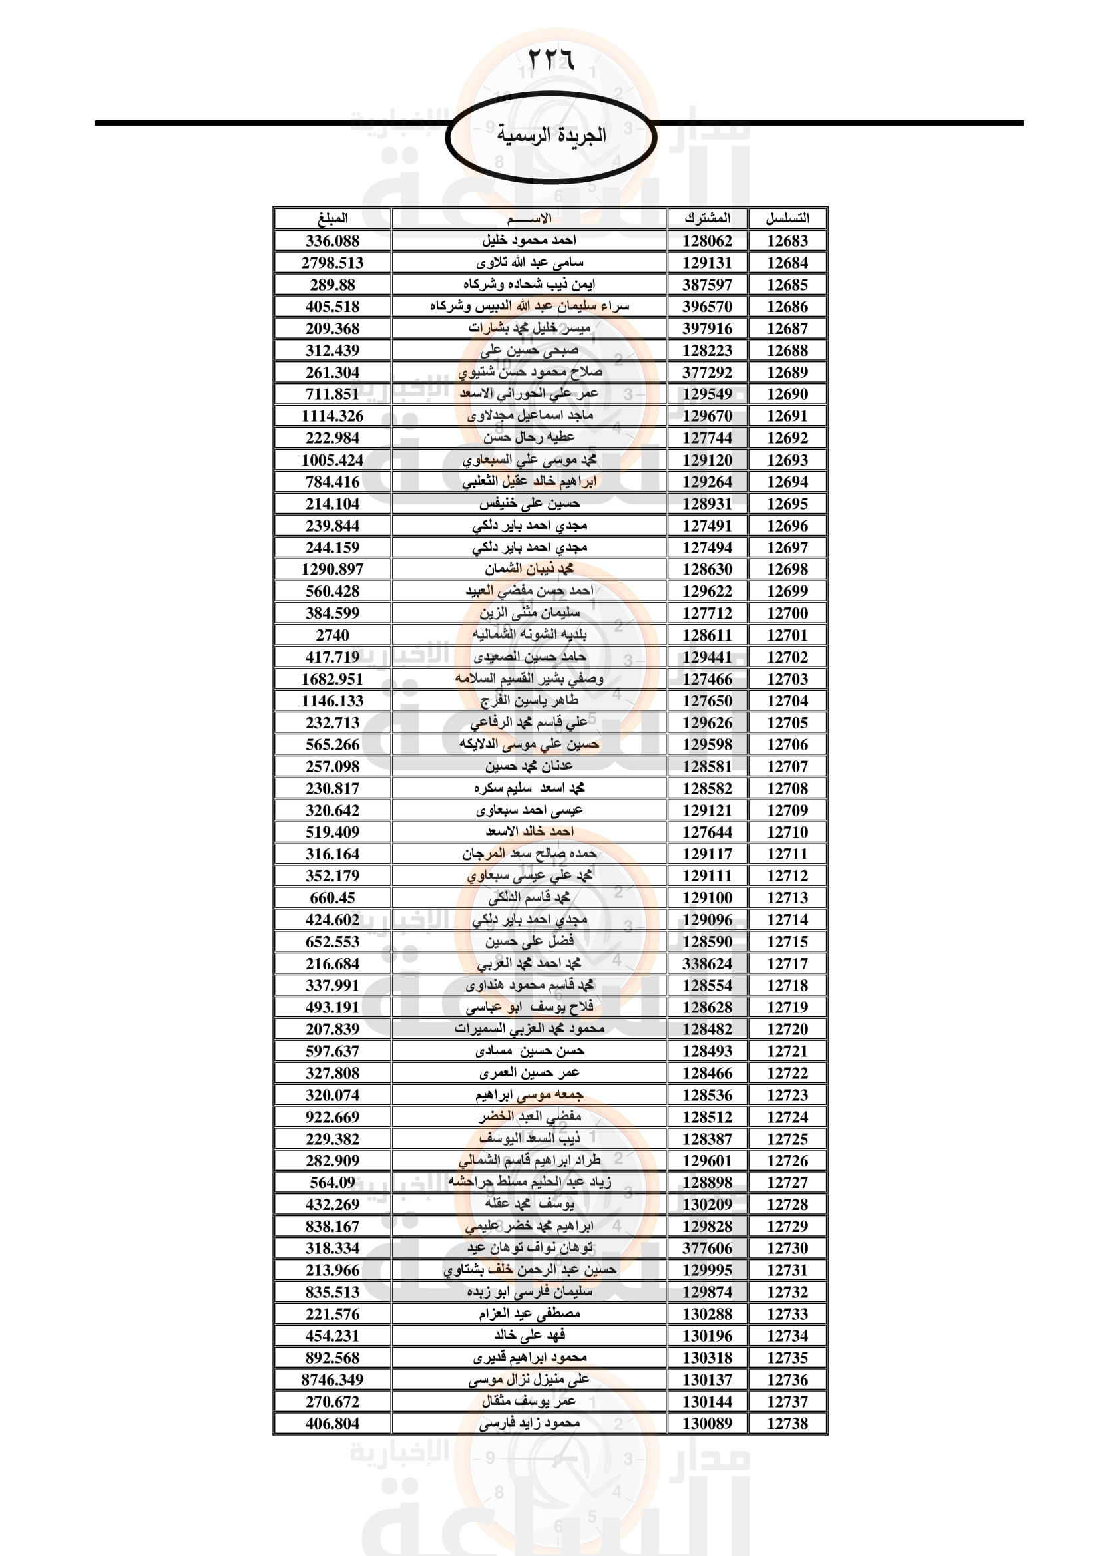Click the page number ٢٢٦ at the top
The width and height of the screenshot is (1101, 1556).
[x=550, y=60]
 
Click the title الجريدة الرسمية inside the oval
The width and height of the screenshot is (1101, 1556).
[x=550, y=135]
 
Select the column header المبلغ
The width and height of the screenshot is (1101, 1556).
[x=332, y=218]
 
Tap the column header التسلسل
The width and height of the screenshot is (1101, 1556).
[x=787, y=218]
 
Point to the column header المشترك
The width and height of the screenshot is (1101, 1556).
[x=707, y=218]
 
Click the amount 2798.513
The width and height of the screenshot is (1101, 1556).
[x=332, y=263]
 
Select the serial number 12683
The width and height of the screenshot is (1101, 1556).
[x=787, y=241]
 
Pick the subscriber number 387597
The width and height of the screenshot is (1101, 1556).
[x=707, y=285]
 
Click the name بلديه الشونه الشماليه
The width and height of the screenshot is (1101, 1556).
[x=529, y=635]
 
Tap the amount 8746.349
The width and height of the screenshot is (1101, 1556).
[x=332, y=1380]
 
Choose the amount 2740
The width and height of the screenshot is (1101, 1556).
[x=332, y=635]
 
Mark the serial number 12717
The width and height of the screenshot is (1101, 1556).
[x=787, y=964]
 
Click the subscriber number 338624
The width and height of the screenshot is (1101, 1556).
[x=707, y=964]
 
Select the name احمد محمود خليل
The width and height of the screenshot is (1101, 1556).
[x=529, y=241]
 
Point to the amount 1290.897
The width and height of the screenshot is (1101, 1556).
[x=332, y=569]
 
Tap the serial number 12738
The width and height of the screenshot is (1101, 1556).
[x=787, y=1424]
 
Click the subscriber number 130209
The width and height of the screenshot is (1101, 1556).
[x=707, y=1204]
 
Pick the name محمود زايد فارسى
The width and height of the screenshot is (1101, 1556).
[x=529, y=1423]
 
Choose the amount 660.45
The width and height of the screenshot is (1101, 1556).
[x=332, y=898]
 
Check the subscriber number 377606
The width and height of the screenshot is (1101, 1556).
[x=707, y=1248]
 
